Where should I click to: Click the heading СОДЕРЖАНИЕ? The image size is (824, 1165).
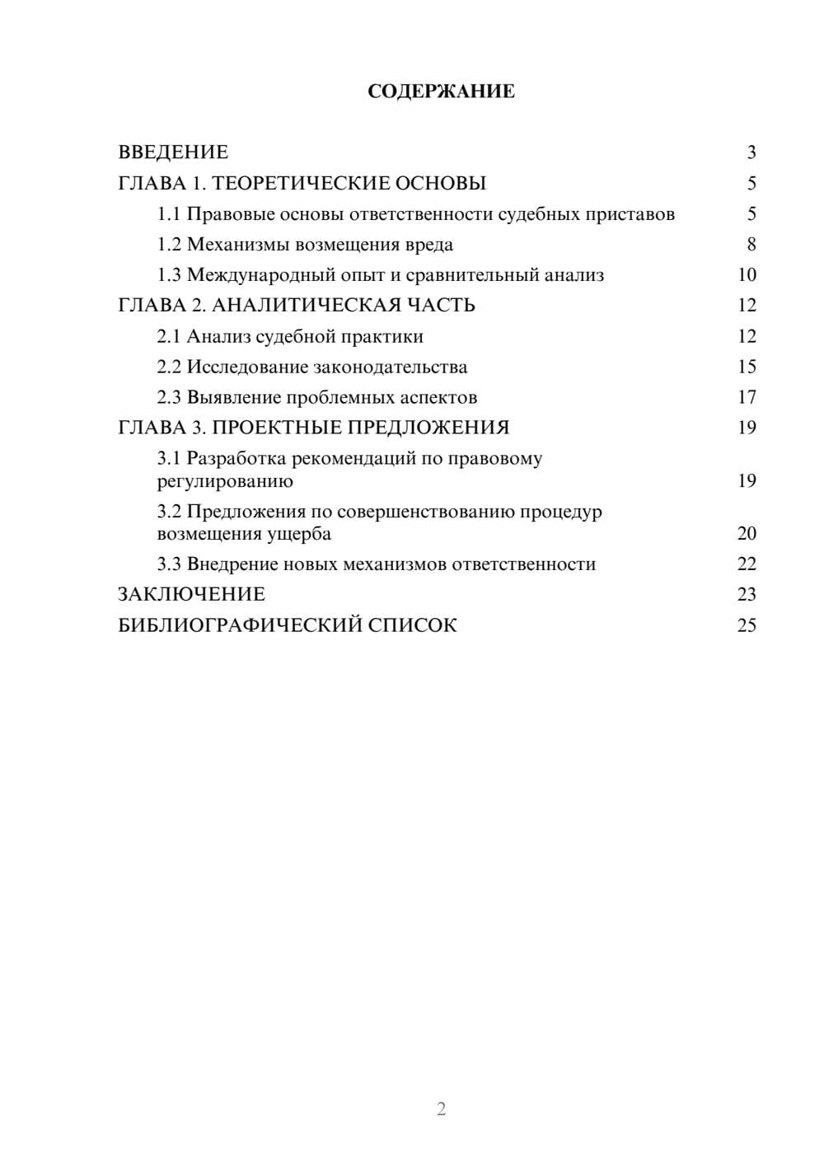coord(441,91)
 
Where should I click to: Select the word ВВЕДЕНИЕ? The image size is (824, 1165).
coord(173,152)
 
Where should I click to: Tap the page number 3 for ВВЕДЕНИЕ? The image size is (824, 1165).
coord(751,152)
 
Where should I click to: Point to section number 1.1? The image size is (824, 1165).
coord(169,214)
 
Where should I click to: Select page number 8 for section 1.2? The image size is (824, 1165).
coord(751,245)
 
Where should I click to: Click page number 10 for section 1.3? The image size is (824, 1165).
coord(747,275)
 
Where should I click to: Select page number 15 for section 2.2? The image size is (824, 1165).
coord(747,367)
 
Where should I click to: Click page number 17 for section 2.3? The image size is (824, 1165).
coord(747,397)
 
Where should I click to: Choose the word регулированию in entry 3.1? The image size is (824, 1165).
coord(225,481)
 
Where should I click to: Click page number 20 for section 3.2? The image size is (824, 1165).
coord(747,534)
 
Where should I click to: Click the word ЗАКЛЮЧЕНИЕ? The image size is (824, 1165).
coord(192,595)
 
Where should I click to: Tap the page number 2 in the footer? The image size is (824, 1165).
coord(441,1109)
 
